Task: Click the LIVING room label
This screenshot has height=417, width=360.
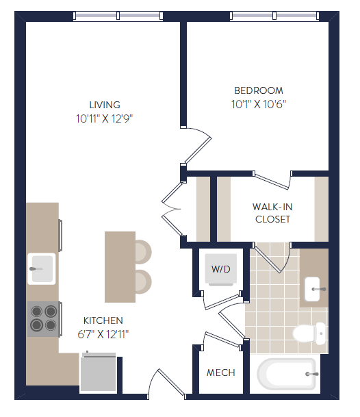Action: click(104, 105)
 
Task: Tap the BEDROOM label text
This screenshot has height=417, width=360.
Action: click(258, 90)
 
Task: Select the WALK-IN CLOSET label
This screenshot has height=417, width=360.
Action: click(272, 212)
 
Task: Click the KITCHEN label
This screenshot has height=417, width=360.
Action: click(103, 320)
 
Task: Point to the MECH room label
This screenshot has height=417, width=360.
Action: click(220, 373)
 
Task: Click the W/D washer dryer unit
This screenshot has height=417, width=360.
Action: click(220, 270)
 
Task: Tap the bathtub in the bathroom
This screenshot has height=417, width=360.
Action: click(286, 375)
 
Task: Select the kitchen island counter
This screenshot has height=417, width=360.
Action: click(119, 266)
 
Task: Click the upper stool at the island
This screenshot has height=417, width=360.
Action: click(142, 252)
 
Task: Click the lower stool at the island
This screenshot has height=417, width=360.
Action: click(142, 281)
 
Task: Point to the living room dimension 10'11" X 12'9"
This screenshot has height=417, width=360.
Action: click(104, 118)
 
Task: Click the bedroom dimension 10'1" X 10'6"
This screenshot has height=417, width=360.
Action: click(258, 104)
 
